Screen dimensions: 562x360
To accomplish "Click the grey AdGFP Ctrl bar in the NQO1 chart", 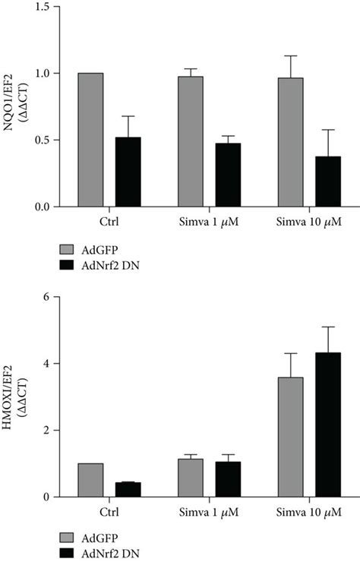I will pyautogui.click(x=90, y=140).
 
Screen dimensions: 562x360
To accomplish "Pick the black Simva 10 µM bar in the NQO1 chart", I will pyautogui.click(x=328, y=182).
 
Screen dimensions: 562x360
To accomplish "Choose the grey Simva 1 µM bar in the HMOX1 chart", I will pyautogui.click(x=191, y=478).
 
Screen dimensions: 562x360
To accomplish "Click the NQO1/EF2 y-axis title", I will pyautogui.click(x=14, y=106).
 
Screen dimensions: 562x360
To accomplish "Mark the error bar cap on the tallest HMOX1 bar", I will pyautogui.click(x=328, y=327).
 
